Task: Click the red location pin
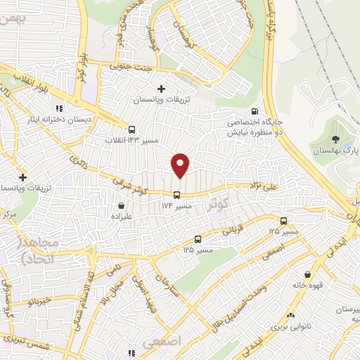pos(181,165)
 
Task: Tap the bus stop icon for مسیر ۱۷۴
pos(176,195)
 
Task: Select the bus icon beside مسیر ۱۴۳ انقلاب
pos(131,129)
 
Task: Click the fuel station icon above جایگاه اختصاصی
pos(254,111)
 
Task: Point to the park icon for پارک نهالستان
pos(335,139)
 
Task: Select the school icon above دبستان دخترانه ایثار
pos(59,108)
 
